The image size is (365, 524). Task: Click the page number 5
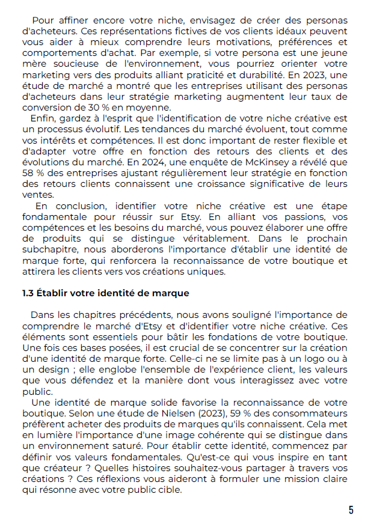tap(351, 510)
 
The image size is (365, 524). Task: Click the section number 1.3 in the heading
tap(28, 293)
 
